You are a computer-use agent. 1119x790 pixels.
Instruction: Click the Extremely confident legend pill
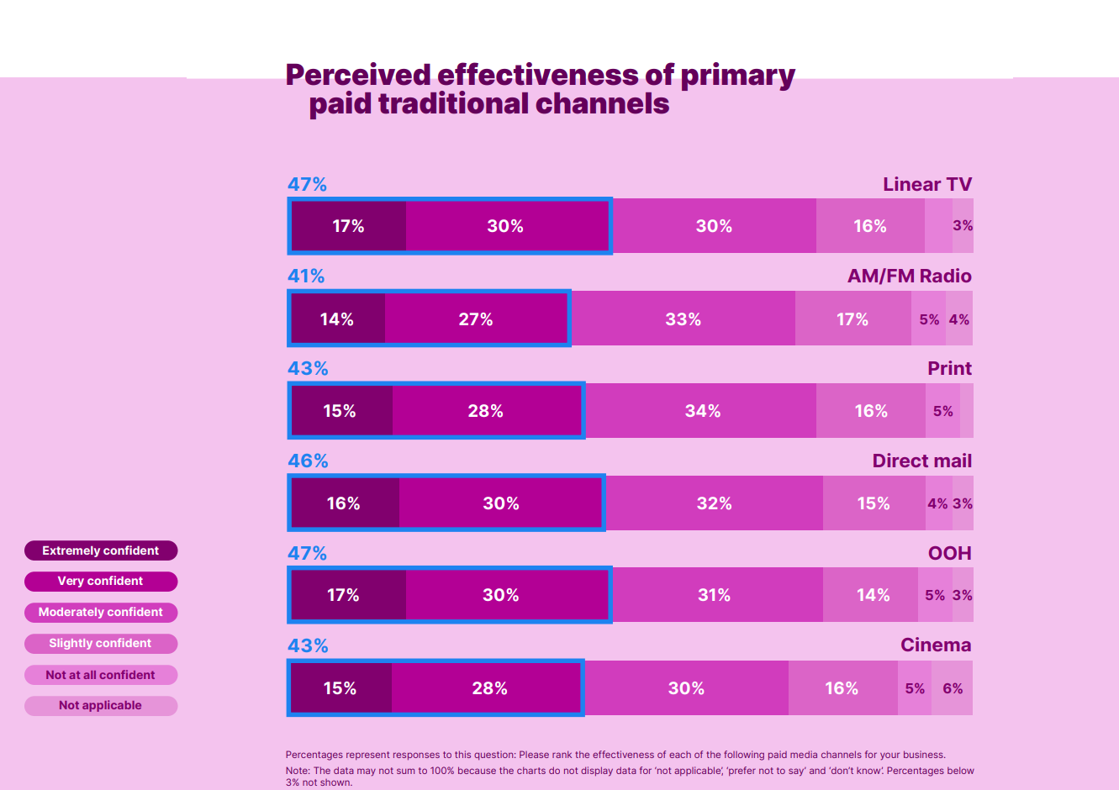(x=101, y=550)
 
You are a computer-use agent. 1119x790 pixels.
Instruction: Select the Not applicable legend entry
(x=101, y=706)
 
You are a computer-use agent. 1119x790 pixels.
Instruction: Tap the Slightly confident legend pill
(x=101, y=644)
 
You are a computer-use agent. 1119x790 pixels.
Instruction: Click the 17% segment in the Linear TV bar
(x=348, y=226)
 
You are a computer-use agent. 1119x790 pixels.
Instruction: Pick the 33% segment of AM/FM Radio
(x=683, y=319)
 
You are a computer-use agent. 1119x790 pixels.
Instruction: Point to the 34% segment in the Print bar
(x=702, y=411)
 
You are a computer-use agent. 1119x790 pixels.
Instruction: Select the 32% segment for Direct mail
(x=714, y=503)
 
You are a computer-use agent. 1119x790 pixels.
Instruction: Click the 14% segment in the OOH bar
(x=873, y=595)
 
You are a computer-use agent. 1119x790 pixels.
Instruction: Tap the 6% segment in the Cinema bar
(x=953, y=688)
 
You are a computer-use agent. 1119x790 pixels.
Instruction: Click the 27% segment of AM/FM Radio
(x=476, y=319)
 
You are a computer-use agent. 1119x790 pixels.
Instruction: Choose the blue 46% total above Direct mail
(x=308, y=461)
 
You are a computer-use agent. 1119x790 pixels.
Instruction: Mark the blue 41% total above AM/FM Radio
(x=306, y=276)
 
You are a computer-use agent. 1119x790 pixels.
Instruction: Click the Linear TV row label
(x=927, y=184)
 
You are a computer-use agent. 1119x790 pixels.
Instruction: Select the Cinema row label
(x=936, y=645)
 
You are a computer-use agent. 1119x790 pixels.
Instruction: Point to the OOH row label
(x=949, y=553)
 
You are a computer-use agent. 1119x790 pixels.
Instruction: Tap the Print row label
(x=949, y=368)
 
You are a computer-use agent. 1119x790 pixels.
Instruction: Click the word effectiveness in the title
(x=538, y=75)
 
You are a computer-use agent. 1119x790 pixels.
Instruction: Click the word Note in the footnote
(x=297, y=771)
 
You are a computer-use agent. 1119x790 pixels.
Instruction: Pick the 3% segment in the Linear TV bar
(x=963, y=226)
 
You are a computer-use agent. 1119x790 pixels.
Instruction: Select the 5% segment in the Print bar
(x=942, y=411)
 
